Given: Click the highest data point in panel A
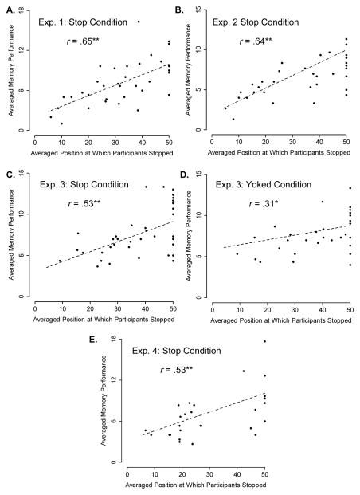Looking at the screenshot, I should pyautogui.click(x=139, y=22).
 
